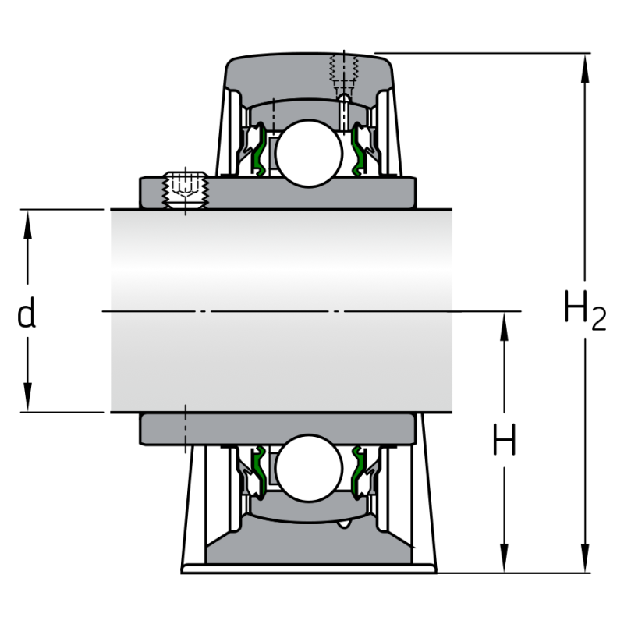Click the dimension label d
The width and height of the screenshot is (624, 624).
click(27, 314)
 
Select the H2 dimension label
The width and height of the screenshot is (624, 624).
click(584, 311)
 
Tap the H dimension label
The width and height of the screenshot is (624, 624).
click(505, 442)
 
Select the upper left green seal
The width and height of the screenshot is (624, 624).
click(258, 148)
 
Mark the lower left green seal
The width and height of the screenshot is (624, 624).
click(258, 473)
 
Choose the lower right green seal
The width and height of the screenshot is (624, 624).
click(360, 473)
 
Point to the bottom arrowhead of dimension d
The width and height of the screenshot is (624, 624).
click(27, 401)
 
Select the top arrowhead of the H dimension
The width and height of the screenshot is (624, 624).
click(505, 322)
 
